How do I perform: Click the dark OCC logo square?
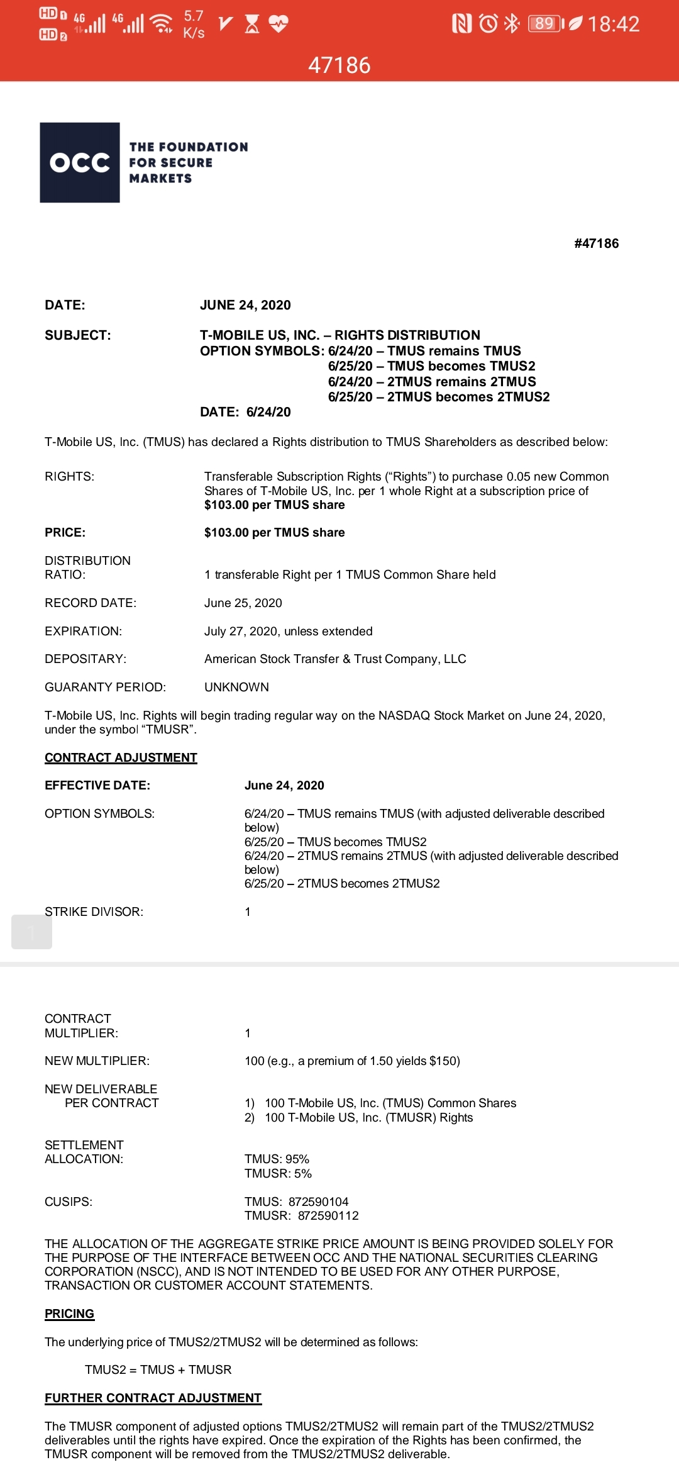(80, 162)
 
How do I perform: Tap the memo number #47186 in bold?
(596, 243)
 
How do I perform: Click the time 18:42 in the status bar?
(613, 24)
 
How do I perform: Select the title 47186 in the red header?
(339, 65)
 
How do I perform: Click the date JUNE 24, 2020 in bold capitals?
(245, 305)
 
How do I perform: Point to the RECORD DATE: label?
(91, 603)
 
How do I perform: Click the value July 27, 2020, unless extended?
(289, 631)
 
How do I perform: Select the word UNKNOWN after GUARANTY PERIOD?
(236, 687)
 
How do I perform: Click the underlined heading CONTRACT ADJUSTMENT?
(121, 757)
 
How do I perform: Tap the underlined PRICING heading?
(69, 1313)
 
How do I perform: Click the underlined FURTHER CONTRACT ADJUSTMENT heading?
(153, 1398)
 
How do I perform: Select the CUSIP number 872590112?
(328, 1215)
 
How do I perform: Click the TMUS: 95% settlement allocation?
(277, 1159)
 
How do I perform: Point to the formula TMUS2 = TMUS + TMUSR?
(158, 1369)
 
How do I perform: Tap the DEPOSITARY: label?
(86, 659)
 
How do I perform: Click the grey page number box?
(31, 932)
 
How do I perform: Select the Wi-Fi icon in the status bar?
(163, 24)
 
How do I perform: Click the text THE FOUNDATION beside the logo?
(189, 147)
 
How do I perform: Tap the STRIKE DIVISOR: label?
(94, 912)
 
